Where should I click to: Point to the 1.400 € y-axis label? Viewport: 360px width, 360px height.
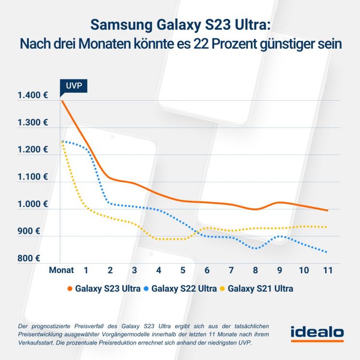(x=32, y=96)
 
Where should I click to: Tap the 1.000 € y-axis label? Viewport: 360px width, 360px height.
(x=32, y=204)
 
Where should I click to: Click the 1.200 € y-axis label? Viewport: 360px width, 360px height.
(x=32, y=150)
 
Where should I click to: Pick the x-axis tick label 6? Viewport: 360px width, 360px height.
(x=207, y=270)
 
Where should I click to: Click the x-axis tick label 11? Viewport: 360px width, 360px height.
(x=327, y=270)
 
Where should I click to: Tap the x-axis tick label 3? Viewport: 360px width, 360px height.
(x=134, y=270)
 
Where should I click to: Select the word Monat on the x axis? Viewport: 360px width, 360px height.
(x=62, y=270)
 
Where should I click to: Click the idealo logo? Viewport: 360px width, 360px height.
(x=317, y=333)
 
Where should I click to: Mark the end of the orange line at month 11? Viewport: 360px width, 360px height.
(x=328, y=210)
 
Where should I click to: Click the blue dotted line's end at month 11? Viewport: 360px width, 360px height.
(x=328, y=252)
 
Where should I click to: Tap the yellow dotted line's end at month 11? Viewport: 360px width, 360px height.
(x=328, y=227)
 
